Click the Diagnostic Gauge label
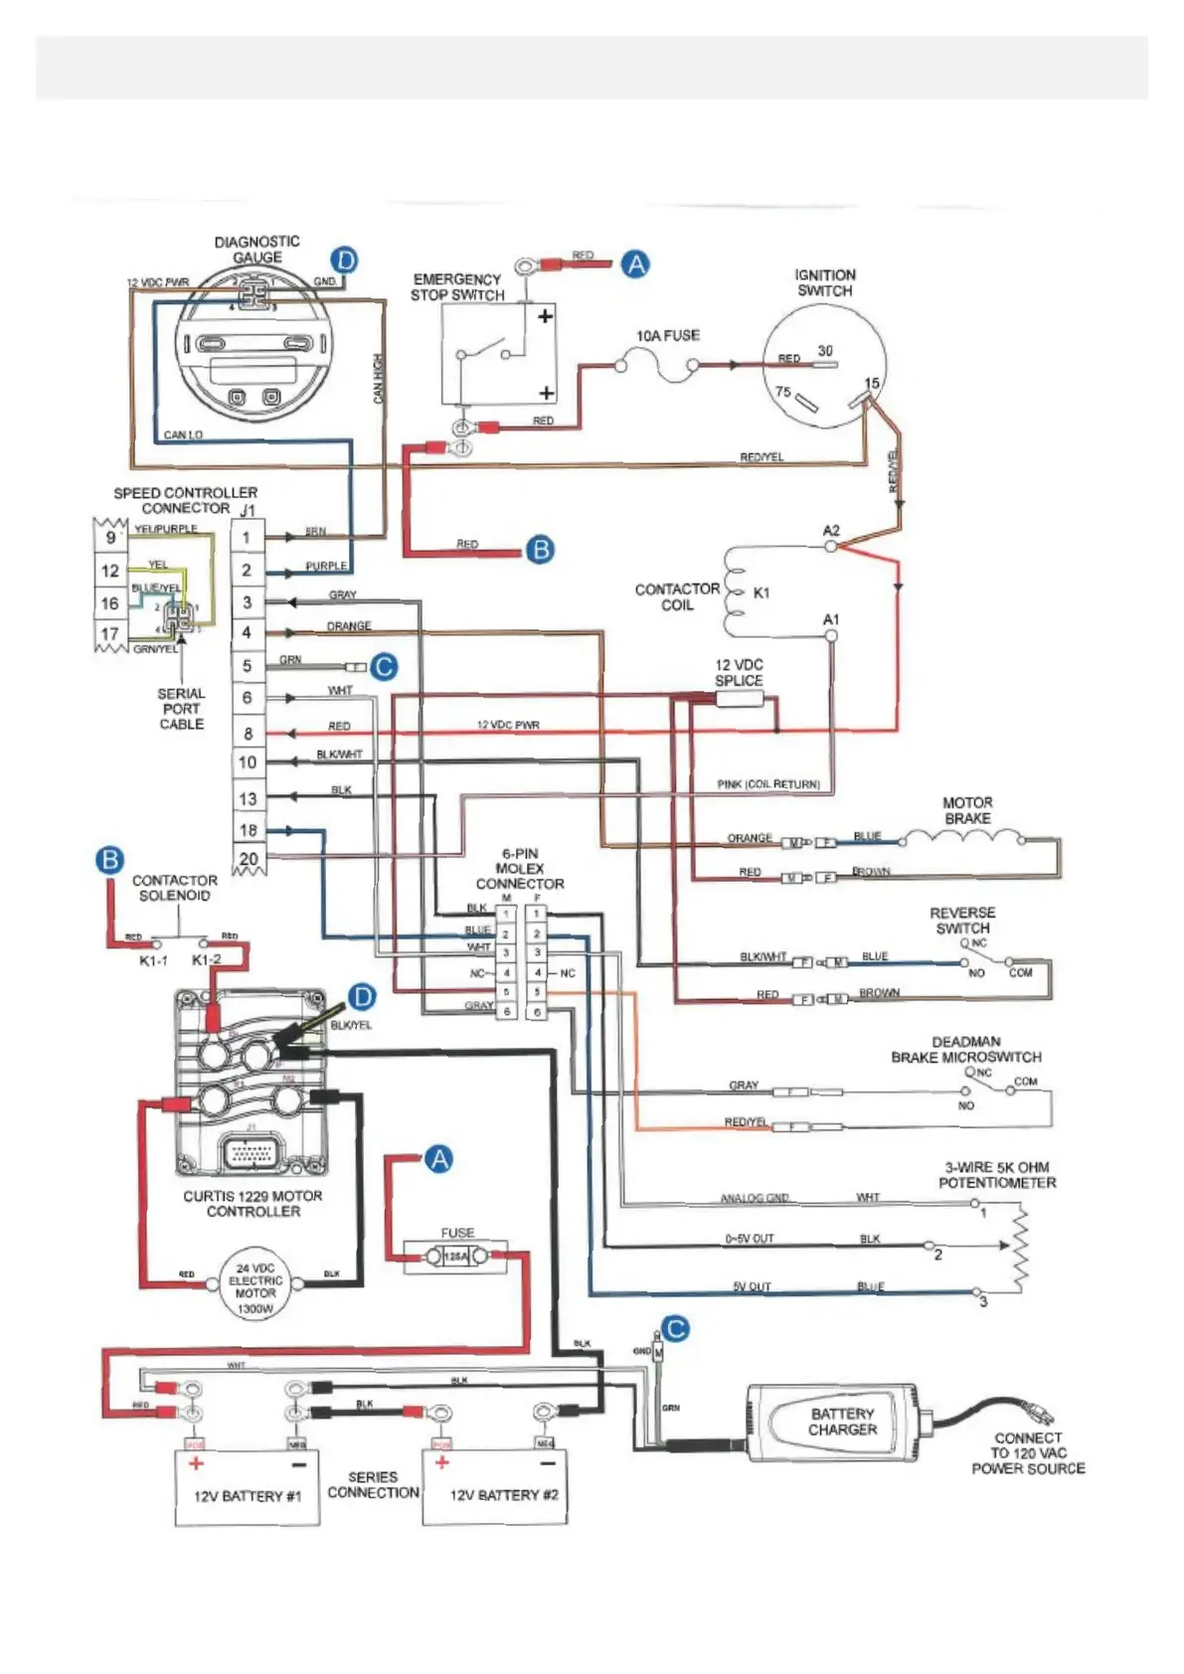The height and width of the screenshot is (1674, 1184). coord(256,250)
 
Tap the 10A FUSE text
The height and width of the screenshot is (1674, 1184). coord(667,336)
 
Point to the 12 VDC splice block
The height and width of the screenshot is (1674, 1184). coord(739,699)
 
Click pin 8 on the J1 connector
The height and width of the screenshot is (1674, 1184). coord(248,734)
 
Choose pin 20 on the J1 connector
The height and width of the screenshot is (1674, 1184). coord(249,858)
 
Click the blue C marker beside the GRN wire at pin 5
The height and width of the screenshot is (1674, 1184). coord(384,667)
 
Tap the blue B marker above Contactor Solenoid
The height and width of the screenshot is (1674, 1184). coord(110,860)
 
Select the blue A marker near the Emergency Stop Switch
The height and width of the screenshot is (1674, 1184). coord(635,264)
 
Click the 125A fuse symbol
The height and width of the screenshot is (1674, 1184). coord(456,1257)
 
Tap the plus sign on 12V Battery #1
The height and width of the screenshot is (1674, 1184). coord(196,1463)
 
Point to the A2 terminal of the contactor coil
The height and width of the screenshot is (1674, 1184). coord(831,544)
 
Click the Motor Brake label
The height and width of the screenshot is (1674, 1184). coord(966,810)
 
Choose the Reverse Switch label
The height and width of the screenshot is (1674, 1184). coord(962,921)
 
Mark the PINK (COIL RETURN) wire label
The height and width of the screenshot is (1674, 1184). coord(768,784)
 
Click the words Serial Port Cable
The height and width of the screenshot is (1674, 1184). coord(182,709)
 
